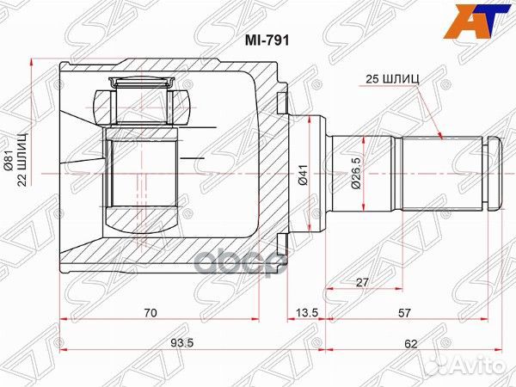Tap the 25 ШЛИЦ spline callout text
click(x=391, y=78)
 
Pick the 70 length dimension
click(x=150, y=313)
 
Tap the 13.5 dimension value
click(x=304, y=313)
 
